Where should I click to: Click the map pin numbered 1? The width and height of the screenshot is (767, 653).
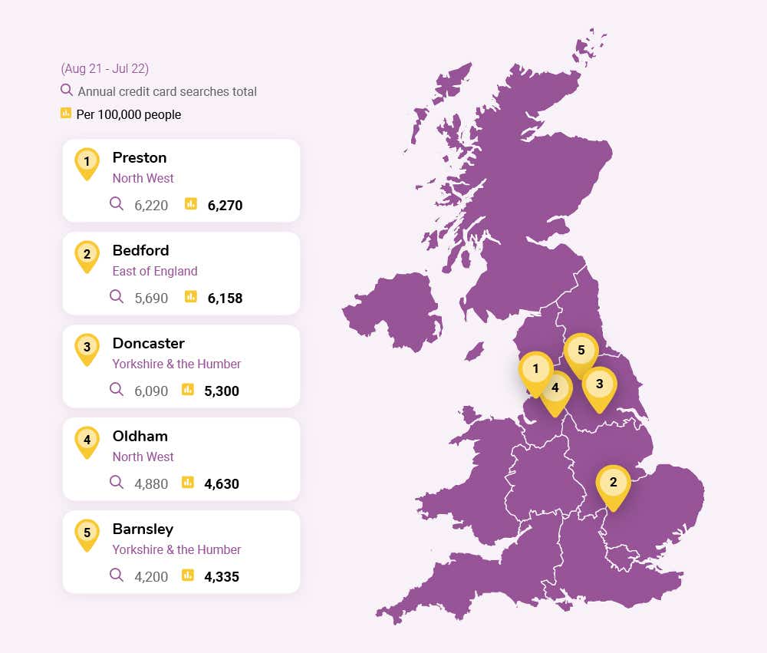[x=535, y=370]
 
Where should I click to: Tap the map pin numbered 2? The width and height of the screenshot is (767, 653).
[x=612, y=483]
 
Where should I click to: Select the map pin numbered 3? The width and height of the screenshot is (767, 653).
[x=599, y=384]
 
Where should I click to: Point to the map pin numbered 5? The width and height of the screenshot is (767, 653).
[x=581, y=351]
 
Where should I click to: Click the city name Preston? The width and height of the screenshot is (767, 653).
[x=140, y=158]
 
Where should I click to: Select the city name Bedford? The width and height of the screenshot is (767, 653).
[x=140, y=251]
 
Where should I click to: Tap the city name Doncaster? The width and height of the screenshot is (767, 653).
[x=148, y=344]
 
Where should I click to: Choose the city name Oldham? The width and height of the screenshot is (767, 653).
[x=140, y=437]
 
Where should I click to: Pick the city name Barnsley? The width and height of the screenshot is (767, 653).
[x=143, y=529]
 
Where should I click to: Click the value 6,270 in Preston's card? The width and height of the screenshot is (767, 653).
[x=225, y=206]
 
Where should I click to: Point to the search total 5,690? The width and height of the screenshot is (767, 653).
[x=151, y=298]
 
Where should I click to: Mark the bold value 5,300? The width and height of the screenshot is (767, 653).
[x=222, y=391]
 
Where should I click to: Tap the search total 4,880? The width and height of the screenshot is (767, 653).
[x=151, y=484]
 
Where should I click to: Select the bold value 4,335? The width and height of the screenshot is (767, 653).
[x=222, y=577]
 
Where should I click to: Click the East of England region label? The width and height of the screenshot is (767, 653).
[x=155, y=271]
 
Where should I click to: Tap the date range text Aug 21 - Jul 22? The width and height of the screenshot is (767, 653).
[x=104, y=69]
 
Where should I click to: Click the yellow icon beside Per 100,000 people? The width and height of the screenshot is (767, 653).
[x=66, y=114]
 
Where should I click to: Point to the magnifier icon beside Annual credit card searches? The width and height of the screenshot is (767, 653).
[x=67, y=91]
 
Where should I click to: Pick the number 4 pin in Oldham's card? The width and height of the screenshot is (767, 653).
[x=87, y=440]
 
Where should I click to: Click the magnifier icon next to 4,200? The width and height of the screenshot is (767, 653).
[x=117, y=575]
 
